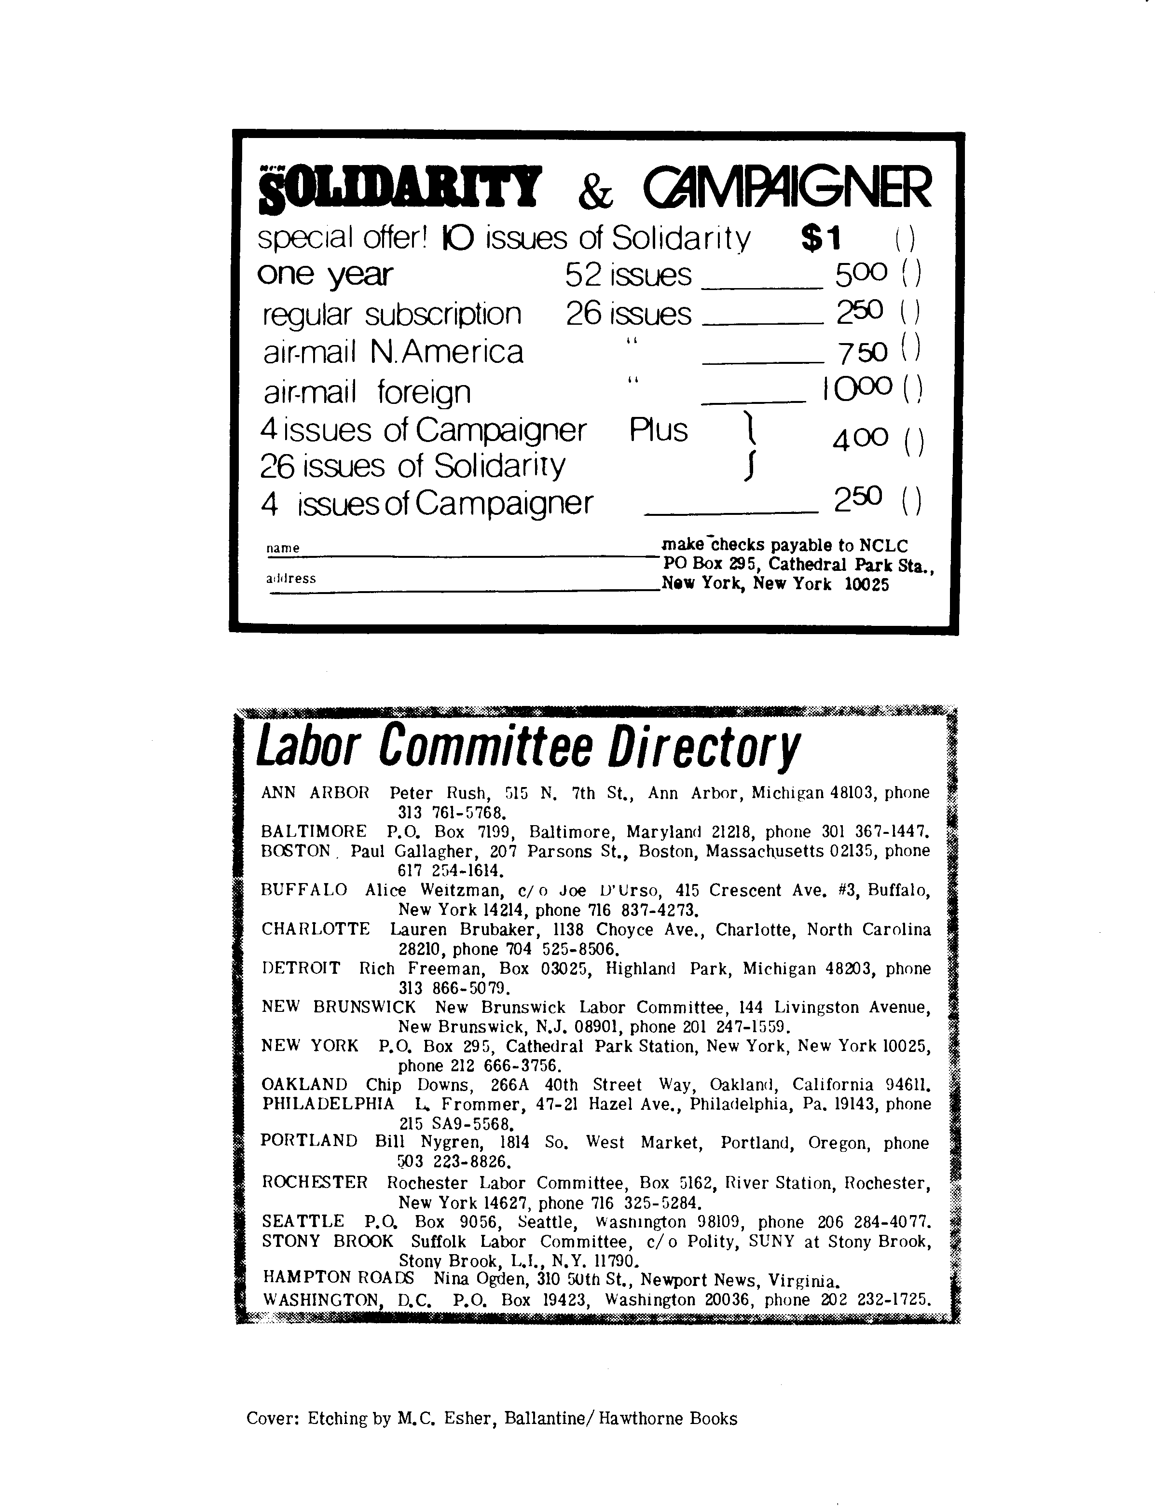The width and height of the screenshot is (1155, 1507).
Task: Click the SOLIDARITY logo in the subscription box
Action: tap(399, 188)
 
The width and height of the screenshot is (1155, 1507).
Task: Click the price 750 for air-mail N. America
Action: tap(862, 352)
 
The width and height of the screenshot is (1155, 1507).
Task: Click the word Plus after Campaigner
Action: tap(658, 431)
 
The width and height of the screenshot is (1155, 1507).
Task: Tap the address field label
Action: tap(291, 579)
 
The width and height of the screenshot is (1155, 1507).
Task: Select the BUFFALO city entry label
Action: tap(304, 890)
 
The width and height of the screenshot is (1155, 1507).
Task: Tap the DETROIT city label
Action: tap(301, 968)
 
